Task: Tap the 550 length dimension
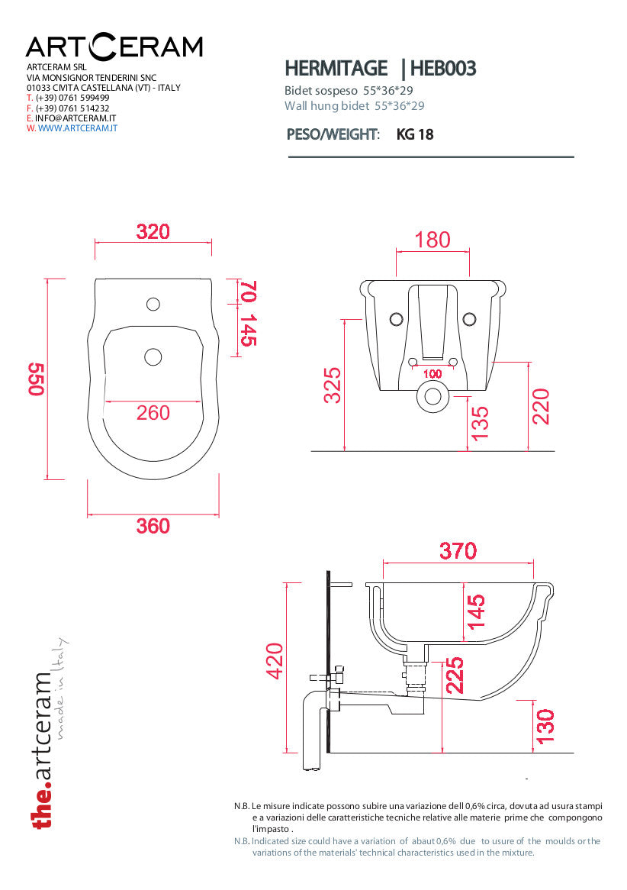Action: pos(37,379)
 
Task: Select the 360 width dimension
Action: pos(153,526)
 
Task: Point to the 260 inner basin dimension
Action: pos(153,413)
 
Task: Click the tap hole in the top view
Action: pos(153,305)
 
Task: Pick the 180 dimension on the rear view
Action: pos(432,240)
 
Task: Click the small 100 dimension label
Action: pos(432,374)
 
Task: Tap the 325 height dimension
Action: pos(333,385)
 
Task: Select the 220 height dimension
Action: pos(540,407)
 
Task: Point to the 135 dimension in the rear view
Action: pos(480,423)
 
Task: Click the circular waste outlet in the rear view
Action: pos(432,396)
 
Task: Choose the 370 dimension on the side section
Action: pos(458,550)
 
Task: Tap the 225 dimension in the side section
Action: pos(453,676)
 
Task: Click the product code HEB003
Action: pos(443,69)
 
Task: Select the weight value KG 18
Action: pos(415,135)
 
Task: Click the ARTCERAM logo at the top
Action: pos(114,47)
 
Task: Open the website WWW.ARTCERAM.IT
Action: pos(77,129)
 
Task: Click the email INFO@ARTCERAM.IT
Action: pos(76,118)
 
